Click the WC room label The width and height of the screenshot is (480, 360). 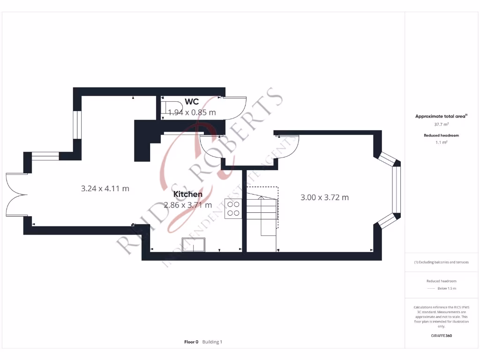click(x=192, y=102)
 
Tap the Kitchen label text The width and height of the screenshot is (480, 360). click(x=188, y=194)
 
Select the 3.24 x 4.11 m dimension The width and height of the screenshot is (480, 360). click(x=105, y=189)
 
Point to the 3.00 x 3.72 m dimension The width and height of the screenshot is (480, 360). click(x=324, y=197)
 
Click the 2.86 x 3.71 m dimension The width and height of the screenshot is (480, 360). click(x=188, y=205)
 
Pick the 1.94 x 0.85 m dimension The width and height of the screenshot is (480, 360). click(x=192, y=112)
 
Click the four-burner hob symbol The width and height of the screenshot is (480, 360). click(x=233, y=208)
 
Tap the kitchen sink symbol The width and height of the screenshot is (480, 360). click(x=194, y=245)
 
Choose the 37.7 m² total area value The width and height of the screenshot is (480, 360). click(x=441, y=124)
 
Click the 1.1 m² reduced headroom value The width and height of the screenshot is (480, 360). click(x=441, y=142)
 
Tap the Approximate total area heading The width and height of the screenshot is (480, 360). click(x=441, y=116)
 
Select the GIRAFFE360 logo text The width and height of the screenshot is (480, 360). click(x=441, y=336)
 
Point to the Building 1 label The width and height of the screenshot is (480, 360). click(x=212, y=342)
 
